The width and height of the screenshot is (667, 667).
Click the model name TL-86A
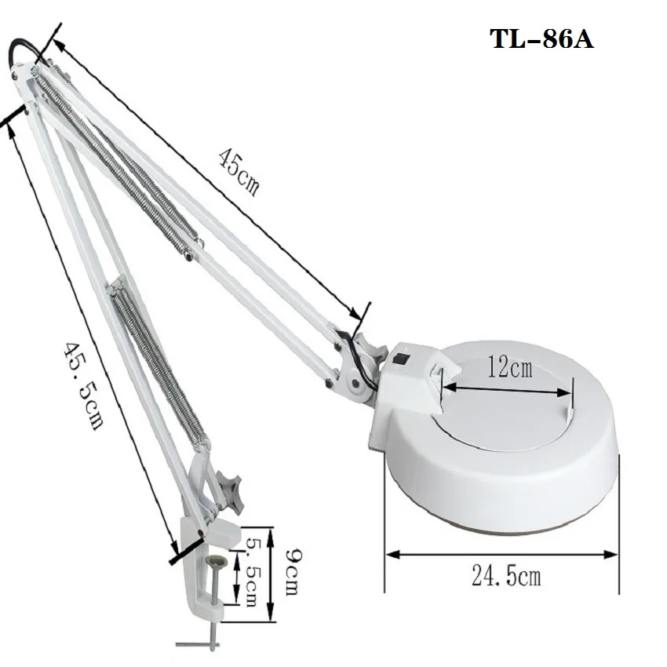click(x=541, y=39)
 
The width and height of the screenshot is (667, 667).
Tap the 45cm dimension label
click(x=239, y=172)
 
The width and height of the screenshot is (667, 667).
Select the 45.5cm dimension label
click(x=83, y=385)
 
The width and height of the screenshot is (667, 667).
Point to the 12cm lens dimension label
click(x=509, y=367)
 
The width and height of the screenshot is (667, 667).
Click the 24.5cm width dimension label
click(x=506, y=577)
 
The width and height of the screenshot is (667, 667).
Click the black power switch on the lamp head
click(x=400, y=359)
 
